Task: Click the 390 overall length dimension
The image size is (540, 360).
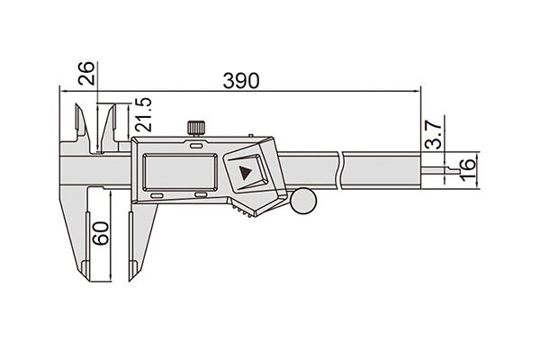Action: click(240, 81)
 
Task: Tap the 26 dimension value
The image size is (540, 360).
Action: click(85, 73)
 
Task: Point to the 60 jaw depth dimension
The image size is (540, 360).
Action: click(101, 233)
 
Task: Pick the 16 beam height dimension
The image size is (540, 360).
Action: click(468, 169)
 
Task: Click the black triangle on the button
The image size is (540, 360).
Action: click(245, 173)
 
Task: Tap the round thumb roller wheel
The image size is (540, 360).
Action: click(303, 201)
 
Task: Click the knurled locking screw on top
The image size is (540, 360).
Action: click(196, 128)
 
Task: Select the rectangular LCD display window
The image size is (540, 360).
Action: click(180, 172)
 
